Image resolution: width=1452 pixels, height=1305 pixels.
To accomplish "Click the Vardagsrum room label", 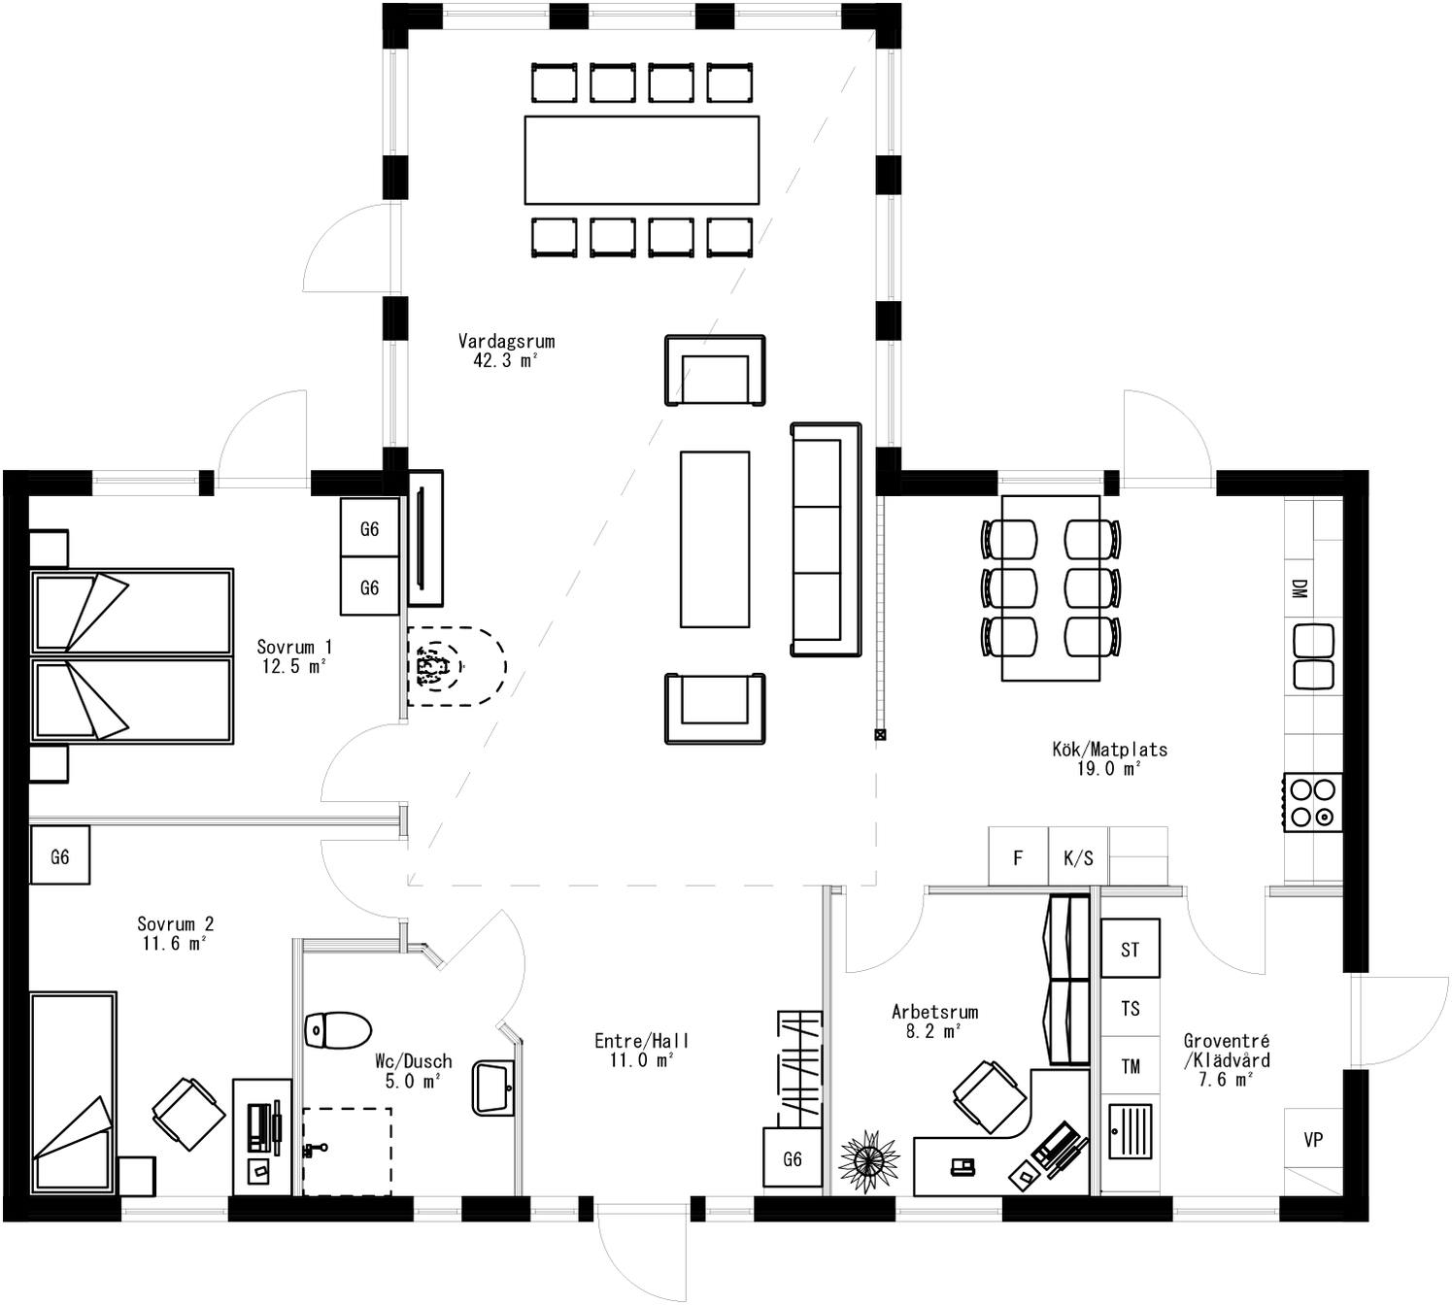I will click(506, 342).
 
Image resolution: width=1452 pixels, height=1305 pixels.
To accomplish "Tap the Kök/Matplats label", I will click(1109, 750).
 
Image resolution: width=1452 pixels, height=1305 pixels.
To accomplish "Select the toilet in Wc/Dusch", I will click(337, 1030).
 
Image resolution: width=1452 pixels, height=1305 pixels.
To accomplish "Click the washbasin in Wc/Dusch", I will click(493, 1088).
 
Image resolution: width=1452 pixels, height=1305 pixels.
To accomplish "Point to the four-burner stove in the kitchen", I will click(1313, 802).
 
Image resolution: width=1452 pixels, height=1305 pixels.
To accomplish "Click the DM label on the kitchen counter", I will click(1299, 588).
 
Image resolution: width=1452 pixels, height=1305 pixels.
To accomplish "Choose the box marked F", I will click(1018, 856).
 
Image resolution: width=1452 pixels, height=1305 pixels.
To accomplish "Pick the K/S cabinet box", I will click(1078, 856).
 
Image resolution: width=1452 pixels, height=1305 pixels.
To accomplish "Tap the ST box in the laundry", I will click(1130, 949).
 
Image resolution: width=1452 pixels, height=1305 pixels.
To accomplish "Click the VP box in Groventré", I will click(1313, 1139).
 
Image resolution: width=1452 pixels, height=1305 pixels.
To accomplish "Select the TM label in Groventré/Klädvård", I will click(1131, 1066).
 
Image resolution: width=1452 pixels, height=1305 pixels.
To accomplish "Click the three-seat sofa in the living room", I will click(826, 540).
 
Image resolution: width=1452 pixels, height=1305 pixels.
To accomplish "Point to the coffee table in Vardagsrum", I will click(715, 540).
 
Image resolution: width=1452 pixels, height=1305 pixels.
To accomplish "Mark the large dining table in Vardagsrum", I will click(641, 160).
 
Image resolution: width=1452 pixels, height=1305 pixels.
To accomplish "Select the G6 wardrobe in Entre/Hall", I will click(793, 1158).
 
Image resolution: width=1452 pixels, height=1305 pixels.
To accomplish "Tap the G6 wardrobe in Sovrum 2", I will click(60, 855).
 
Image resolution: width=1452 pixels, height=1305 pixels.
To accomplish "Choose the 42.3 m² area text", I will click(505, 361).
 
